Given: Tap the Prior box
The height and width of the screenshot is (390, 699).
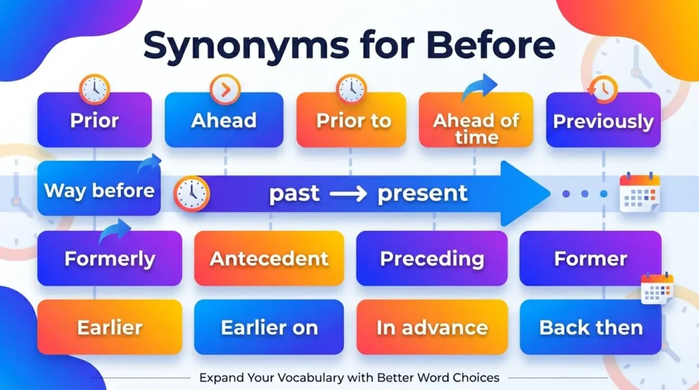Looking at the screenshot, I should pyautogui.click(x=94, y=121).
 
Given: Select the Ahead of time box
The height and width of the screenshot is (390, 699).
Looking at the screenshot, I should pyautogui.click(x=476, y=127).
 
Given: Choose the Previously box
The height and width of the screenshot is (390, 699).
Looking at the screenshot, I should pyautogui.click(x=603, y=121).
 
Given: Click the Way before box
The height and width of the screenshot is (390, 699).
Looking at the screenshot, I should pyautogui.click(x=99, y=190).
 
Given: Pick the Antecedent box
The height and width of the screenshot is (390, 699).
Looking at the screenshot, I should pyautogui.click(x=269, y=258).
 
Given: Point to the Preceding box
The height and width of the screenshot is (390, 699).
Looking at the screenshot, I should pyautogui.click(x=431, y=258).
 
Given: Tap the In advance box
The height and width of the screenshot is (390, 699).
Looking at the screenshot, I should pyautogui.click(x=431, y=327).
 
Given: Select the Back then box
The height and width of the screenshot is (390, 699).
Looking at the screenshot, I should pyautogui.click(x=590, y=327).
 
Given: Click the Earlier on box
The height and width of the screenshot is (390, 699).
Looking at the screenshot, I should pyautogui.click(x=269, y=327).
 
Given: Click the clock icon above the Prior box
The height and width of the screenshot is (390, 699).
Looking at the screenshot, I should pyautogui.click(x=94, y=89).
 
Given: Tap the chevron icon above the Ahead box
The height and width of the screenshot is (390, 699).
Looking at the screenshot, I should pyautogui.click(x=224, y=89).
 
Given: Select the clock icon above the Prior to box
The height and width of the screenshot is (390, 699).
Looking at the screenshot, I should pyautogui.click(x=352, y=89).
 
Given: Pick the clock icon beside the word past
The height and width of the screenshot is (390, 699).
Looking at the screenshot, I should pyautogui.click(x=192, y=194).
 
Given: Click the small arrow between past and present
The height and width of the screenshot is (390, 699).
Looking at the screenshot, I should pyautogui.click(x=348, y=194).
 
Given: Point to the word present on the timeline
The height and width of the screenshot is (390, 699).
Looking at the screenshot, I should pyautogui.click(x=423, y=194).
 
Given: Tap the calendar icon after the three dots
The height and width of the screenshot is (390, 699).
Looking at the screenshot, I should pyautogui.click(x=639, y=193).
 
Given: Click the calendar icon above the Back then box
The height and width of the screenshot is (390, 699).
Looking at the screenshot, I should pyautogui.click(x=657, y=288).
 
